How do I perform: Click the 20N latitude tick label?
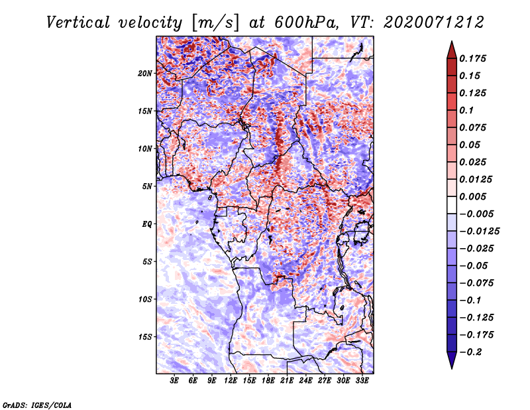[x=145, y=73]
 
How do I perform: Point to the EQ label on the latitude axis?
[x=147, y=224]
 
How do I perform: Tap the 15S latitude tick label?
[x=145, y=337]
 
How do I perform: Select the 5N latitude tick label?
[x=147, y=186]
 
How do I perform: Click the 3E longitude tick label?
[x=175, y=381]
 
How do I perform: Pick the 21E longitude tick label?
[x=288, y=381]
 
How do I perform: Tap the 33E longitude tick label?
[x=362, y=381]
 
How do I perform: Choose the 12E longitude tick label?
[x=231, y=381]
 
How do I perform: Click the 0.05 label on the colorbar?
[x=470, y=145]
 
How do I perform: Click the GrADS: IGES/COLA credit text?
[x=37, y=404]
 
